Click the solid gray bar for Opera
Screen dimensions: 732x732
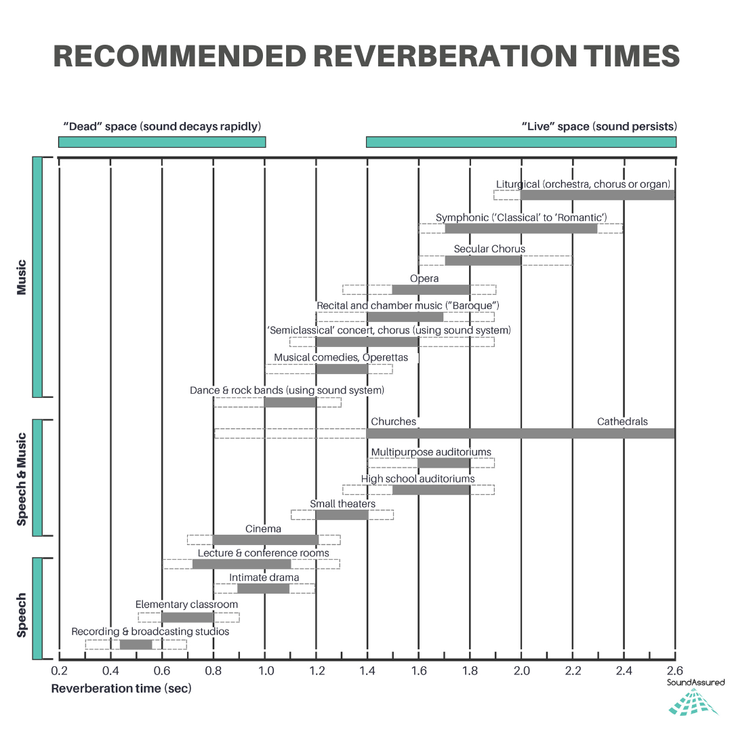pos(431,289)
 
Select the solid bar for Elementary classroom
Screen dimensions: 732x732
pos(188,617)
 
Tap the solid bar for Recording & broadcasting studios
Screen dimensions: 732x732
pos(136,644)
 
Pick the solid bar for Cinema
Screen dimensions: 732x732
pos(265,540)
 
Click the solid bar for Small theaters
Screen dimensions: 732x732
pos(342,514)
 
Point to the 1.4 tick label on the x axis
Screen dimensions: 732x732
pos(367,671)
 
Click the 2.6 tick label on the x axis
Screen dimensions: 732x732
pos(674,671)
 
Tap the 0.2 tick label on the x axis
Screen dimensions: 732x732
pos(59,671)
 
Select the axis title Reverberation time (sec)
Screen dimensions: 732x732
pos(121,689)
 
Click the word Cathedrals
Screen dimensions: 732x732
pos(622,422)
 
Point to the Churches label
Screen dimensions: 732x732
pos(393,422)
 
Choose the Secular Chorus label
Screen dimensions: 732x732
pos(489,249)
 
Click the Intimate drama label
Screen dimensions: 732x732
pos(264,577)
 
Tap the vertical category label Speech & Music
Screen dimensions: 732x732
pos(22,479)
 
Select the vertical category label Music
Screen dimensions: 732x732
pos(22,277)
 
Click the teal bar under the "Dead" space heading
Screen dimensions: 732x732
pos(162,142)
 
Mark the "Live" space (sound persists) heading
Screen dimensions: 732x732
pos(598,127)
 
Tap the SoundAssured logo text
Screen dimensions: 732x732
pos(695,682)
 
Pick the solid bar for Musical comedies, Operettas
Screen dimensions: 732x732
pos(342,369)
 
